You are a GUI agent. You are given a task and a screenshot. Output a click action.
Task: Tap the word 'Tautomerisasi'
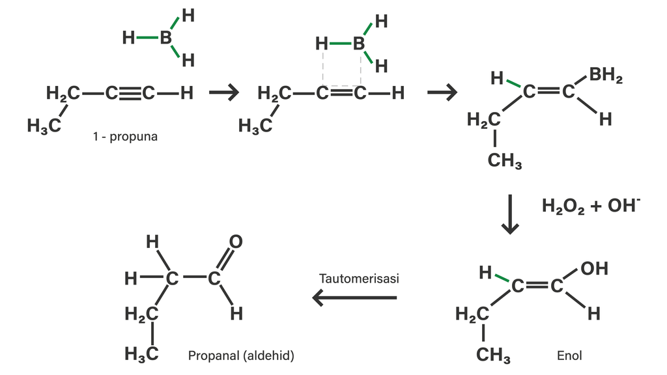(359, 278)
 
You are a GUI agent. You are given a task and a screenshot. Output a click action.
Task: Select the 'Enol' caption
(569, 355)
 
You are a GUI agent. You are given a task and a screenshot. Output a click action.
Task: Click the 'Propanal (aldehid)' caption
(241, 355)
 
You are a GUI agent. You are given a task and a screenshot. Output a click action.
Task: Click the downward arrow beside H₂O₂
(510, 214)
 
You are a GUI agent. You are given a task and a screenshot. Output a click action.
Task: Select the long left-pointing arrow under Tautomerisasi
(355, 298)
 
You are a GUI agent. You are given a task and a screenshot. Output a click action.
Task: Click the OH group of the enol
(594, 268)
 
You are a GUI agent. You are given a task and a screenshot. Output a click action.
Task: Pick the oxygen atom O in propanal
(236, 242)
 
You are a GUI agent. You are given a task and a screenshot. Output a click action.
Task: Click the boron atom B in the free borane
(165, 38)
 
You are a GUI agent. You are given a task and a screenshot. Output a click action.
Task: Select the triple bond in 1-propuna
(129, 93)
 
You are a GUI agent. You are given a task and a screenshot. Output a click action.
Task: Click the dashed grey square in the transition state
(341, 68)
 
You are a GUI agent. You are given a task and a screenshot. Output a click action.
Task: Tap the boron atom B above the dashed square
(358, 44)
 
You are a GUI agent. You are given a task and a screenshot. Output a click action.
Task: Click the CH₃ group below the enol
(493, 355)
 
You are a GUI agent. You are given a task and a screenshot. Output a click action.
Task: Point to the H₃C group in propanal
(142, 354)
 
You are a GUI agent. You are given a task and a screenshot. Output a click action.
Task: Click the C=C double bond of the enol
(537, 286)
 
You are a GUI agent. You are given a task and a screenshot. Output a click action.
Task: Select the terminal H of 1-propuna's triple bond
(187, 93)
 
